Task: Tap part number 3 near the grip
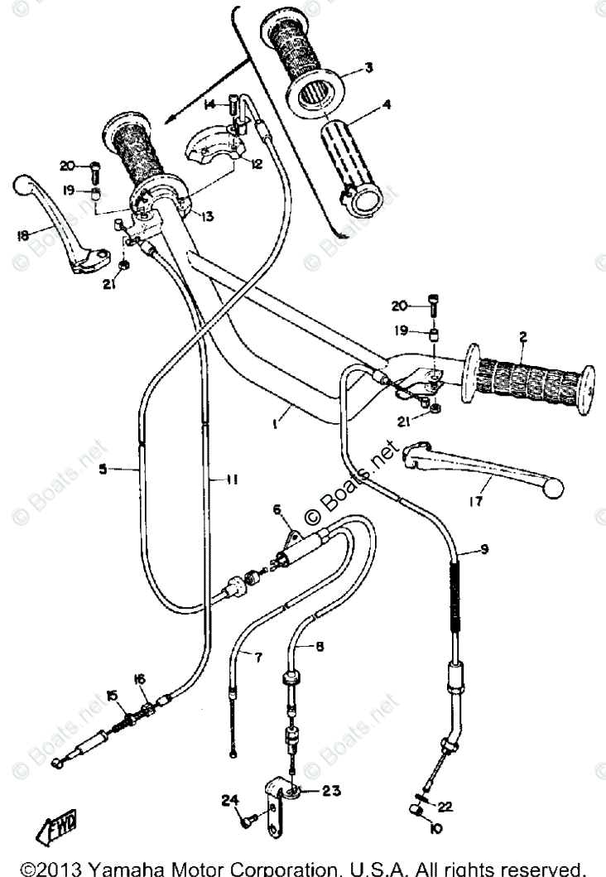click(368, 69)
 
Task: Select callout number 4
click(386, 106)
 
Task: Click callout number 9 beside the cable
click(484, 548)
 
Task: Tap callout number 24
click(228, 799)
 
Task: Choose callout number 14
click(210, 104)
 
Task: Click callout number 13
click(205, 216)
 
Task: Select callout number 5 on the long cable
click(103, 470)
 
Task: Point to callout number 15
click(112, 694)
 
